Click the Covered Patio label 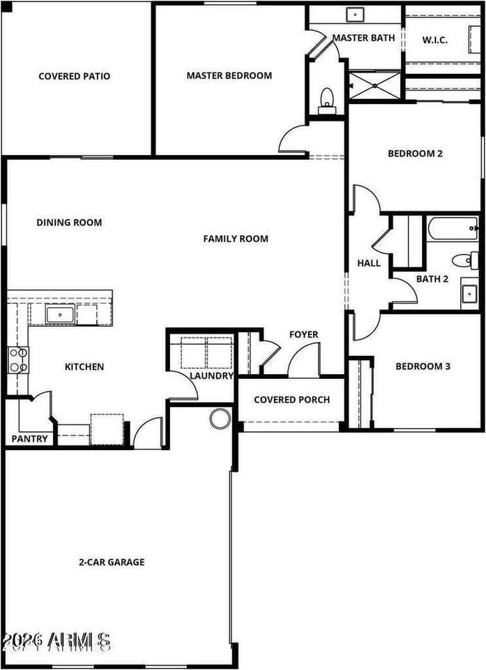pyautogui.click(x=74, y=76)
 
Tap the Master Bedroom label pyautogui.click(x=229, y=75)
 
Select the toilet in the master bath pyautogui.click(x=326, y=101)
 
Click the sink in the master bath pyautogui.click(x=356, y=14)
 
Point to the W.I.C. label pyautogui.click(x=434, y=40)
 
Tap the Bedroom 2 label pyautogui.click(x=415, y=154)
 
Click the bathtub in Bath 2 pyautogui.click(x=452, y=228)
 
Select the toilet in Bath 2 pyautogui.click(x=463, y=260)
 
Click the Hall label pyautogui.click(x=368, y=263)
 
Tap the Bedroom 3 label pyautogui.click(x=423, y=366)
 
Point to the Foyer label pyautogui.click(x=303, y=334)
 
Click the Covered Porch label pyautogui.click(x=291, y=400)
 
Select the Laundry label pyautogui.click(x=211, y=375)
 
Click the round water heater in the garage pyautogui.click(x=220, y=419)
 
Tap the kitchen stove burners pyautogui.click(x=17, y=359)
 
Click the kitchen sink pyautogui.click(x=61, y=315)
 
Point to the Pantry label pyautogui.click(x=30, y=439)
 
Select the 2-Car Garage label pyautogui.click(x=111, y=561)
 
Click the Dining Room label pyautogui.click(x=69, y=223)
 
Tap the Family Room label pyautogui.click(x=236, y=239)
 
